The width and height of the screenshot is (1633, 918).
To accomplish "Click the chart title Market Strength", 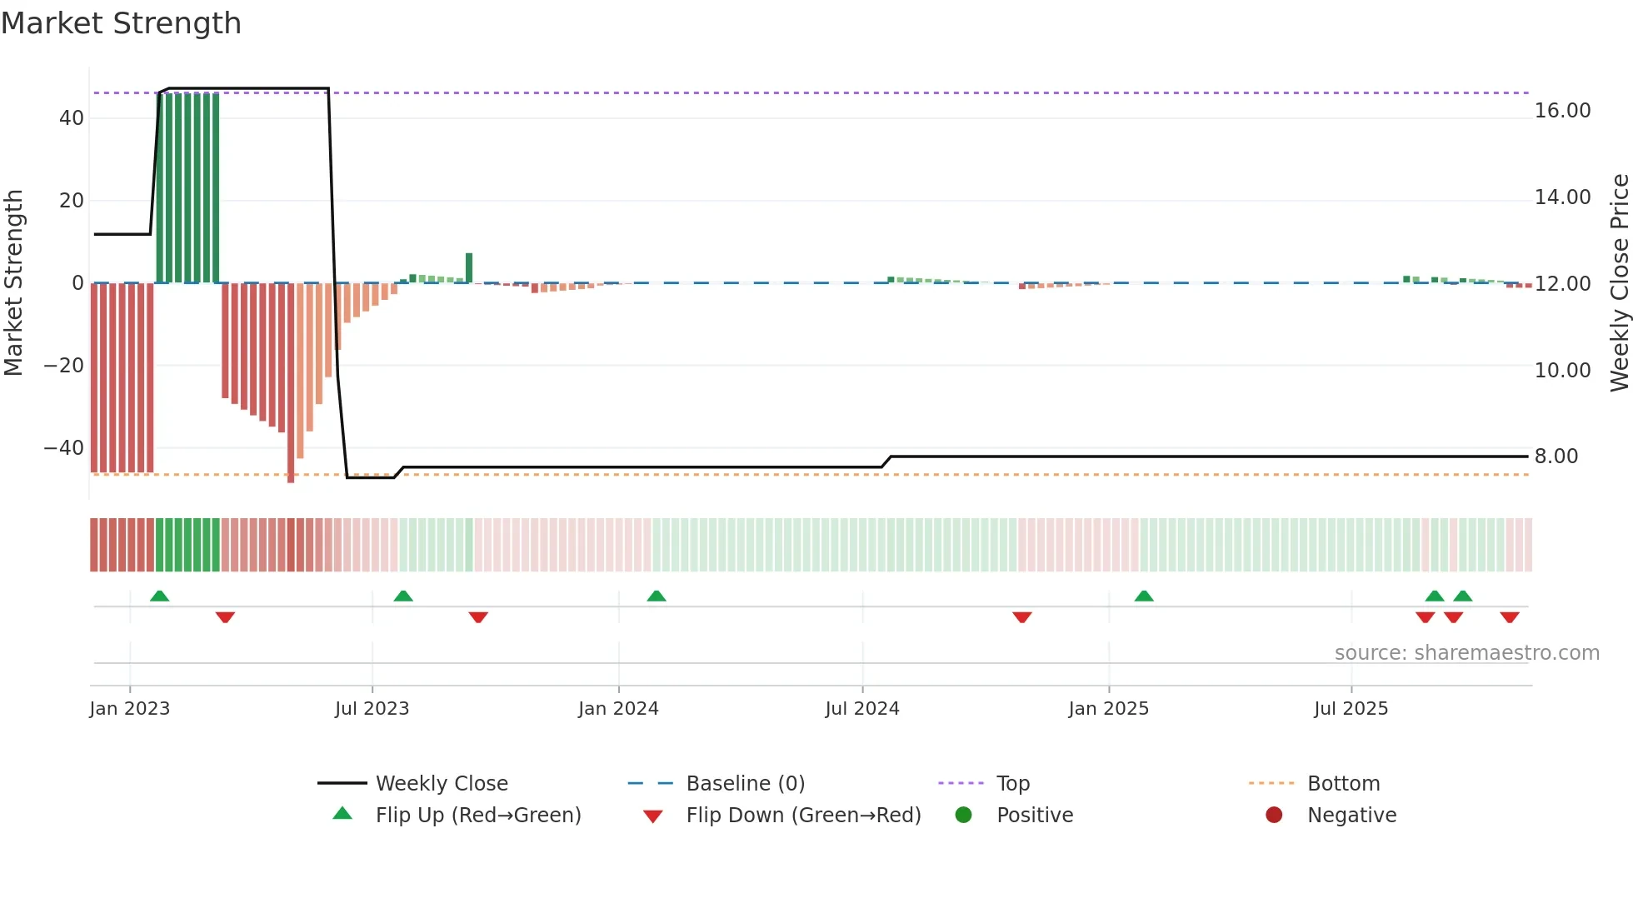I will pyautogui.click(x=121, y=23).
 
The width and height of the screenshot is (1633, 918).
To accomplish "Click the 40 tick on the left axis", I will pyautogui.click(x=72, y=118).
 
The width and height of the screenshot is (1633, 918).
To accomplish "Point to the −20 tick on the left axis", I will pyautogui.click(x=64, y=366).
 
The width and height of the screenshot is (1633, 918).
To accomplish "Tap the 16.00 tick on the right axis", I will pyautogui.click(x=1562, y=111).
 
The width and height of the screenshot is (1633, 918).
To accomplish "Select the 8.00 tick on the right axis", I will pyautogui.click(x=1556, y=457).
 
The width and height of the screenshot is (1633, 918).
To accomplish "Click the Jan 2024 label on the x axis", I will pyautogui.click(x=618, y=709).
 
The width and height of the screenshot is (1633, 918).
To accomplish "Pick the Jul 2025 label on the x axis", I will pyautogui.click(x=1351, y=709).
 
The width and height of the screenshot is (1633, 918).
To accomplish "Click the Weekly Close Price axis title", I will pyautogui.click(x=1620, y=282).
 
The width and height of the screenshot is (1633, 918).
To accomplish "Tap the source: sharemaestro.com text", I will pyautogui.click(x=1466, y=653).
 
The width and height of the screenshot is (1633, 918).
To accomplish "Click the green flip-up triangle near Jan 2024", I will pyautogui.click(x=657, y=596).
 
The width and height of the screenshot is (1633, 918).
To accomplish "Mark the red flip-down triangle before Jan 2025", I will pyautogui.click(x=1022, y=617).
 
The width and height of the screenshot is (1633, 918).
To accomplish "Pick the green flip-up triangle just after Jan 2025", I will pyautogui.click(x=1144, y=596).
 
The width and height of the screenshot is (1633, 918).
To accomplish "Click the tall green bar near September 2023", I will pyautogui.click(x=469, y=268).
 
